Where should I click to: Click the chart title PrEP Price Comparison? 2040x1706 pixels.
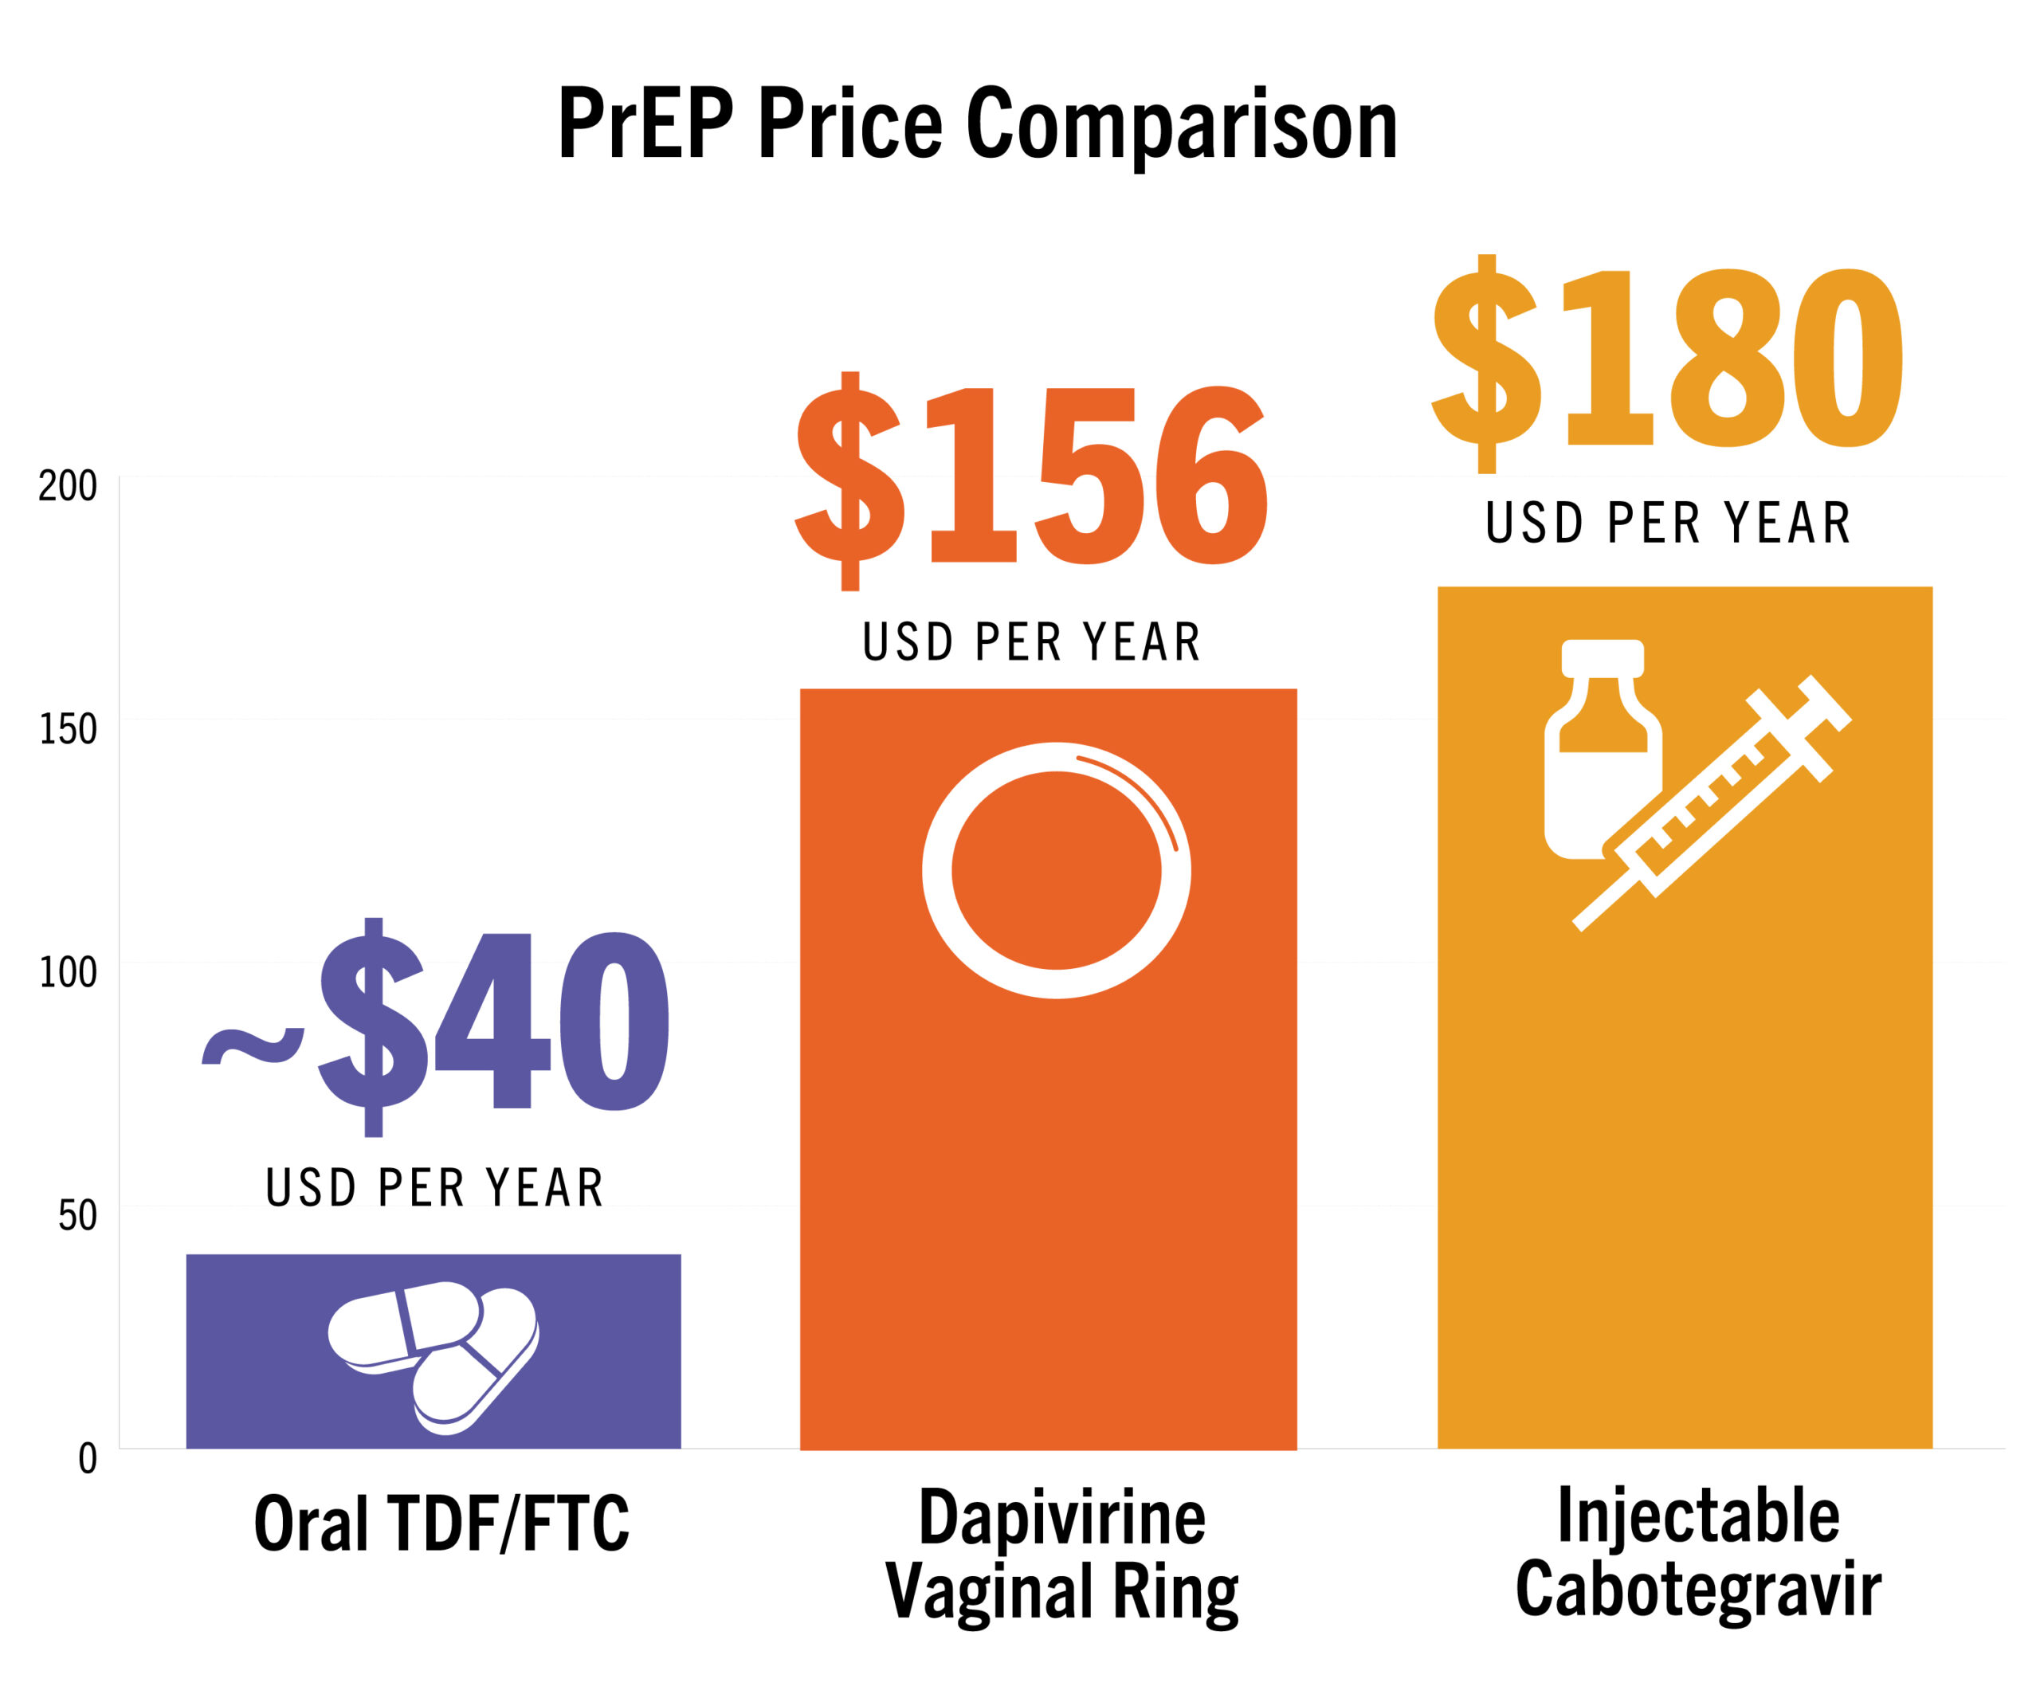(x=977, y=124)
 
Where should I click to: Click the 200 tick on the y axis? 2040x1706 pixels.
(x=68, y=486)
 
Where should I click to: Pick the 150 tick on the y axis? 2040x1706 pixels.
(x=68, y=728)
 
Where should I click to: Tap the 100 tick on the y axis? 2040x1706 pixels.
(x=68, y=971)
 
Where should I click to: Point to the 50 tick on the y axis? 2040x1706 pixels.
(x=78, y=1215)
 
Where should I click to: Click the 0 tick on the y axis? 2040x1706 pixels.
(x=88, y=1458)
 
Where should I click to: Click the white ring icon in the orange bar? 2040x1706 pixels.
(x=1056, y=870)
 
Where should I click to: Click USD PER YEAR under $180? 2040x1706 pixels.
(x=1667, y=523)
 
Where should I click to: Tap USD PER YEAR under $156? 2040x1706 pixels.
(x=1032, y=642)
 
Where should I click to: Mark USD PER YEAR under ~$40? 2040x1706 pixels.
(x=434, y=1188)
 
